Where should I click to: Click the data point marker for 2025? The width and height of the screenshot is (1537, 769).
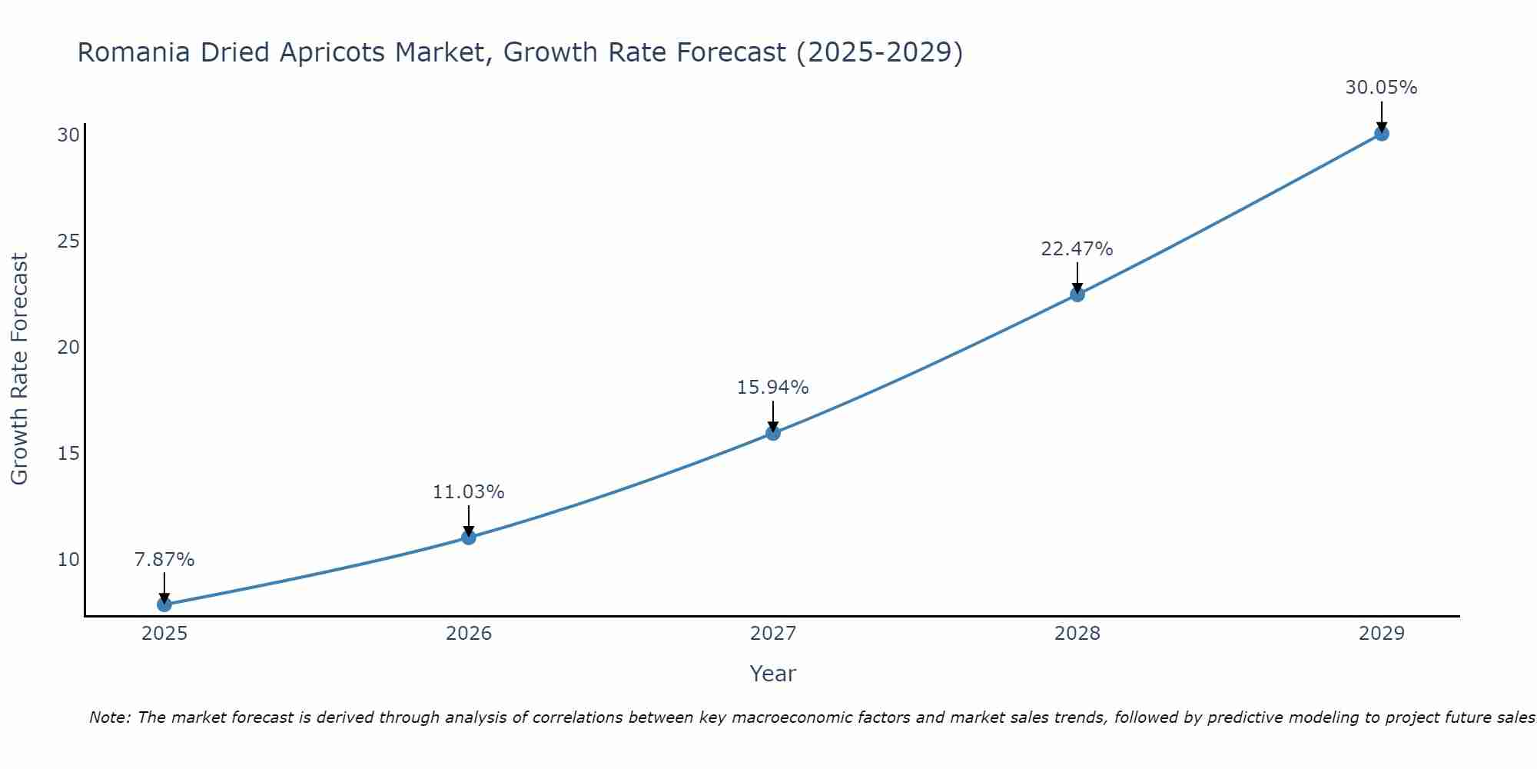pyautogui.click(x=164, y=604)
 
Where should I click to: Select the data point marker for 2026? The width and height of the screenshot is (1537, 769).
pyautogui.click(x=469, y=538)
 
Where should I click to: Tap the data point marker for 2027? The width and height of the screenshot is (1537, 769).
pyautogui.click(x=773, y=433)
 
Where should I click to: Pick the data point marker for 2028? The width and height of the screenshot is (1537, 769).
pyautogui.click(x=1077, y=295)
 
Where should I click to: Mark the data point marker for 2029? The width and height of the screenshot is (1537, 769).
pyautogui.click(x=1381, y=134)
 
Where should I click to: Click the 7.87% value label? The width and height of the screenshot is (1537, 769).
pyautogui.click(x=164, y=560)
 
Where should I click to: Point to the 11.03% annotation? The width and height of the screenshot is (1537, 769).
pyautogui.click(x=468, y=492)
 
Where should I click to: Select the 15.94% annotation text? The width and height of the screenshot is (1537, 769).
pyautogui.click(x=772, y=388)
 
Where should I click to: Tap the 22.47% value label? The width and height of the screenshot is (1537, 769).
pyautogui.click(x=1077, y=249)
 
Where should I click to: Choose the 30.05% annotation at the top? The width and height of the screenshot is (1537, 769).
pyautogui.click(x=1381, y=88)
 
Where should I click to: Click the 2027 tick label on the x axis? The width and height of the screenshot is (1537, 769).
pyautogui.click(x=773, y=634)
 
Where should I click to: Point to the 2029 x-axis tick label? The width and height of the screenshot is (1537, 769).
pyautogui.click(x=1381, y=634)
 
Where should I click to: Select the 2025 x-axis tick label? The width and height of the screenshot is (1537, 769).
pyautogui.click(x=164, y=634)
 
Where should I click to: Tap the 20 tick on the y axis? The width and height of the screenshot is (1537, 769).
pyautogui.click(x=68, y=348)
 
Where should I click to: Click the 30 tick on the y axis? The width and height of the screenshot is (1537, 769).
pyautogui.click(x=68, y=135)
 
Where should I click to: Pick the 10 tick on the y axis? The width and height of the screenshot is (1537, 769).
pyautogui.click(x=68, y=560)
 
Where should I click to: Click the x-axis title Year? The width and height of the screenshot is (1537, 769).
pyautogui.click(x=772, y=674)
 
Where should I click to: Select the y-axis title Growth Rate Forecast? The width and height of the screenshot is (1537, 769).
pyautogui.click(x=20, y=369)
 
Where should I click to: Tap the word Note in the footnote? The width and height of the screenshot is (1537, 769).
pyautogui.click(x=109, y=717)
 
